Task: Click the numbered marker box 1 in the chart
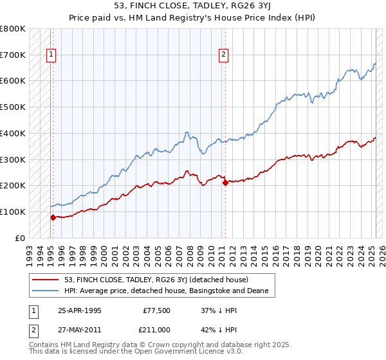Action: pyautogui.click(x=51, y=55)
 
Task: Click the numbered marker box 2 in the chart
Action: pyautogui.click(x=223, y=55)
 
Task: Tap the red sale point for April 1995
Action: pyautogui.click(x=53, y=217)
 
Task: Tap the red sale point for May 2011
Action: pyautogui.click(x=225, y=183)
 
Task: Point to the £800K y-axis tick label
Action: pyautogui.click(x=13, y=29)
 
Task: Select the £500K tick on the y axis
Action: pyautogui.click(x=13, y=107)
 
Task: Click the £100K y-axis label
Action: pyautogui.click(x=13, y=212)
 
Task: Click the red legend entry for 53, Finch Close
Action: pyautogui.click(x=161, y=280)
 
